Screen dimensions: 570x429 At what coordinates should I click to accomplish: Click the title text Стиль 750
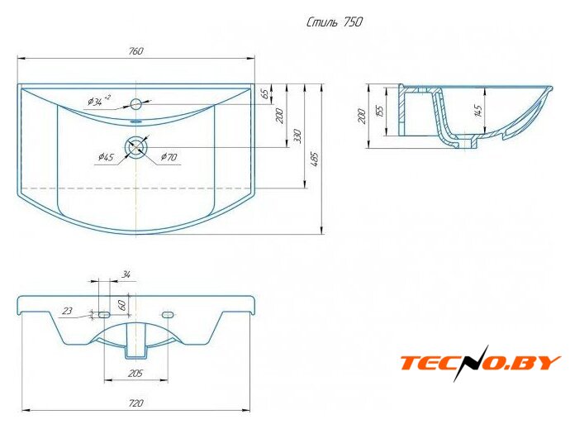(x=335, y=22)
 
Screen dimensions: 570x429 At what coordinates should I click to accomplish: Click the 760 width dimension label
(x=136, y=51)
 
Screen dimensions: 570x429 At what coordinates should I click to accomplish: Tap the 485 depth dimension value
(x=315, y=159)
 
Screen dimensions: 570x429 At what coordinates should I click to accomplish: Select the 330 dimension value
(x=297, y=136)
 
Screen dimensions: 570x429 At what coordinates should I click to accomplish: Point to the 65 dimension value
(x=265, y=93)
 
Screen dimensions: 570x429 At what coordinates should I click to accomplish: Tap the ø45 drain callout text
(x=106, y=157)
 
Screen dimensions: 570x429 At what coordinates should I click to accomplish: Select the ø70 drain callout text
(x=169, y=157)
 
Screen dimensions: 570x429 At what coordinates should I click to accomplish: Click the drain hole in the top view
(x=136, y=147)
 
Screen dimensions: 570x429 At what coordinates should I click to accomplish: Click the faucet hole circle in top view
(x=136, y=104)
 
